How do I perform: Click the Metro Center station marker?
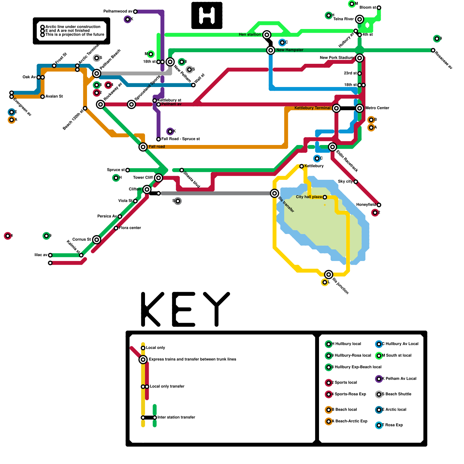(x=360, y=108)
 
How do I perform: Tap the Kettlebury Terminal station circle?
(x=336, y=108)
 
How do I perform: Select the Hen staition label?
(x=250, y=35)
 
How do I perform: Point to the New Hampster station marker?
(x=271, y=50)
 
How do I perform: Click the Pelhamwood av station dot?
(x=135, y=12)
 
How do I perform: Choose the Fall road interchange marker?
(x=143, y=147)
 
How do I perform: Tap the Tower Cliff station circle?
(x=158, y=178)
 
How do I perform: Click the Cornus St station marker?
(x=97, y=240)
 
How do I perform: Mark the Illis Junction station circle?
(x=329, y=274)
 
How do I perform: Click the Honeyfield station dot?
(x=379, y=205)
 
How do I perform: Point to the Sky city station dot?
(x=356, y=182)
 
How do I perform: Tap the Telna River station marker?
(x=360, y=19)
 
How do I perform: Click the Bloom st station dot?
(x=379, y=8)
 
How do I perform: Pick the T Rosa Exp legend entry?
(x=392, y=425)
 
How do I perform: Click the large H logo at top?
(x=207, y=15)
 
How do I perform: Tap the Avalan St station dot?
(x=43, y=97)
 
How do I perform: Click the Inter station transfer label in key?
(x=176, y=417)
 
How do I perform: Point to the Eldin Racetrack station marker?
(x=332, y=147)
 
